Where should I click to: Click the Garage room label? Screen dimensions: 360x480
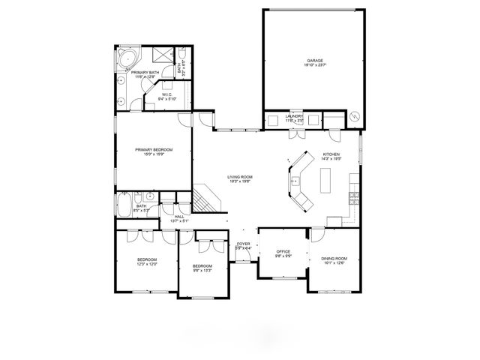[314, 60]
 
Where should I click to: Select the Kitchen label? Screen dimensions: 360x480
[331, 155]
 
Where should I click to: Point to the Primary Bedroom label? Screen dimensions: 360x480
[154, 149]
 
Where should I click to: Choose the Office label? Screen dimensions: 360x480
[283, 251]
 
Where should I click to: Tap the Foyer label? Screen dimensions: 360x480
[243, 244]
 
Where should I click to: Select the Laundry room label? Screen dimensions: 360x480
[294, 116]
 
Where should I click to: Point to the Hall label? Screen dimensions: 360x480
[178, 217]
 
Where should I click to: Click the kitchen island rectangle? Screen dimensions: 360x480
[326, 181]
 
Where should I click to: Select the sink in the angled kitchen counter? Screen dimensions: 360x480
[296, 181]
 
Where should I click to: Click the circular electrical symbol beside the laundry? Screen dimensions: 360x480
[355, 116]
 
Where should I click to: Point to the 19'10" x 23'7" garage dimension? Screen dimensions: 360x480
[314, 65]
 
